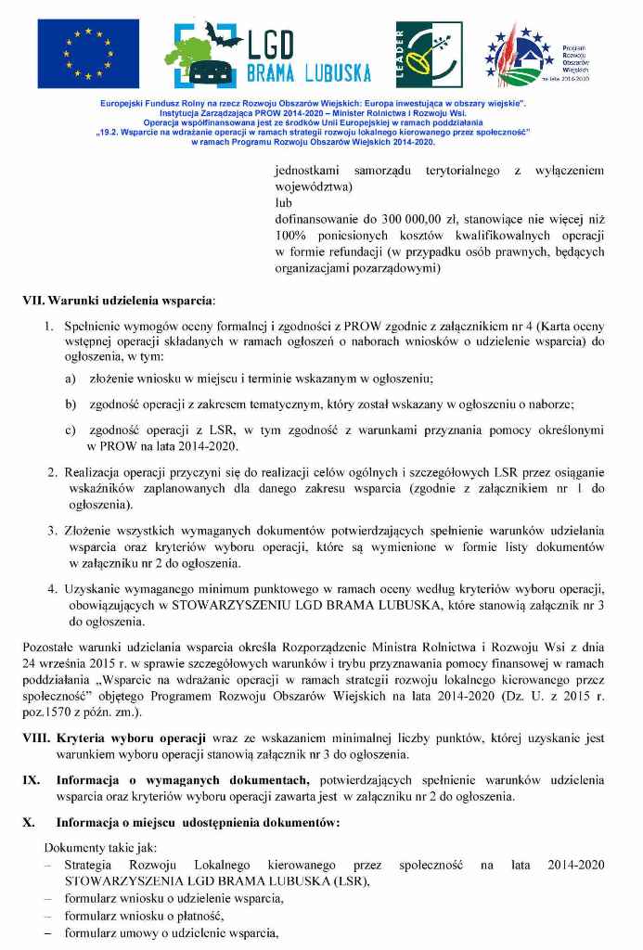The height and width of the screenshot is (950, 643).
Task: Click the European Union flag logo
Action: [88, 54]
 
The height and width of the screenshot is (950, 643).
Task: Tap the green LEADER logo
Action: [429, 54]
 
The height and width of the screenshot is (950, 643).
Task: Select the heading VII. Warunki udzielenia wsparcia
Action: [118, 301]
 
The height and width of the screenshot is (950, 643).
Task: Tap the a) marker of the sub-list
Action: [71, 379]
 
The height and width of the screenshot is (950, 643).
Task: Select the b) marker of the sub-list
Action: [71, 404]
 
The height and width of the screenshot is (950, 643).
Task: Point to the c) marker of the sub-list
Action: [71, 430]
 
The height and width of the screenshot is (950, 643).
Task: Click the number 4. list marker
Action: [53, 588]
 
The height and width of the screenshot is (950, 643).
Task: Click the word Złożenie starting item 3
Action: [91, 530]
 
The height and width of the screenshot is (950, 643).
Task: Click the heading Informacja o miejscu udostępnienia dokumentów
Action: [198, 822]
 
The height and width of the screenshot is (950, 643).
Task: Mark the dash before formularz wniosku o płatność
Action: [48, 917]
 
